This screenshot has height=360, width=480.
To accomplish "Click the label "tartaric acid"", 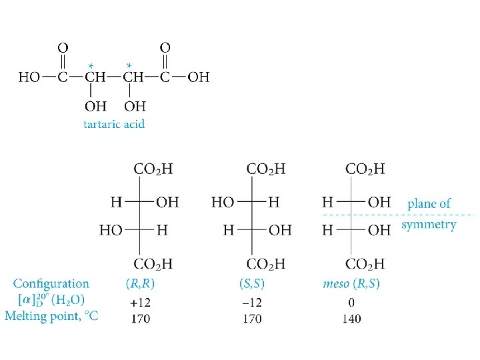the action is [113, 123].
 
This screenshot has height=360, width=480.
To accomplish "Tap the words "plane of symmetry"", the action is [429, 213].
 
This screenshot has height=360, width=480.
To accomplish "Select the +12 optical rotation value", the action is [140, 302].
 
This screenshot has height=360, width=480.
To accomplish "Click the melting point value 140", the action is [351, 319].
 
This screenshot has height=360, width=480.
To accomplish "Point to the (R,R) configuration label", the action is [140, 284].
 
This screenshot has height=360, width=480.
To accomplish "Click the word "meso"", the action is [335, 284].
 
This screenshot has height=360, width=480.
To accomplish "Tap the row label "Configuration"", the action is [51, 284].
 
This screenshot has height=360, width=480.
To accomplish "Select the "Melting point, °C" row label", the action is [51, 317].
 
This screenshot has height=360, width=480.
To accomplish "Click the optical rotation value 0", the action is [351, 302].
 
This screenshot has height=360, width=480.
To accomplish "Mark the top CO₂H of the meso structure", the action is [365, 169].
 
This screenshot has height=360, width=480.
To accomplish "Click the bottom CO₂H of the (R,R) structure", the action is [153, 264].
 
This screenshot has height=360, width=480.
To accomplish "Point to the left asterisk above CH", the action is [90, 65].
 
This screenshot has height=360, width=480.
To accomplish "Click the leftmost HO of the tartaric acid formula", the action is [29, 77].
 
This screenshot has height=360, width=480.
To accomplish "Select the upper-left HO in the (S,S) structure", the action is [223, 201].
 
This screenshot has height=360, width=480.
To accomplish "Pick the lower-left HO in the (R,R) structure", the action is [111, 230].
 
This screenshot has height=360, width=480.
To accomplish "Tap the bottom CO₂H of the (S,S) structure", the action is [266, 264].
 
